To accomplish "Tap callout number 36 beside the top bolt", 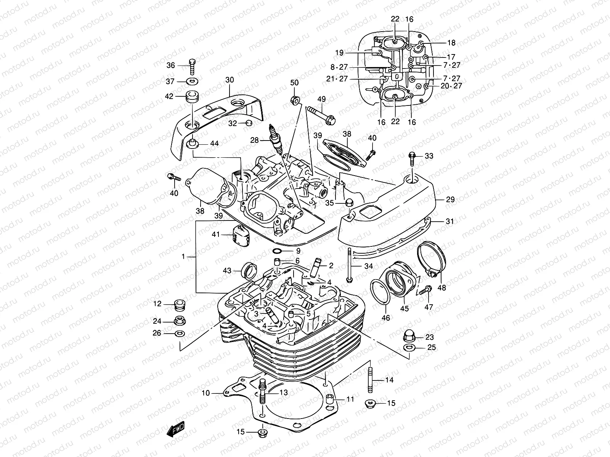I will [x=171, y=66].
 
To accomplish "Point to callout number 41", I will [x=216, y=235].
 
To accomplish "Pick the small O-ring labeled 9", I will [x=278, y=251].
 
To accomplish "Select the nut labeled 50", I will [x=295, y=101].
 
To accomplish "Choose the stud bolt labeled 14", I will [x=370, y=380].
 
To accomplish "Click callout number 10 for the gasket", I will [x=206, y=393].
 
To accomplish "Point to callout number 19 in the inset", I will [x=339, y=53].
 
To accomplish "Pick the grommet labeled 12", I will [x=179, y=304].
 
